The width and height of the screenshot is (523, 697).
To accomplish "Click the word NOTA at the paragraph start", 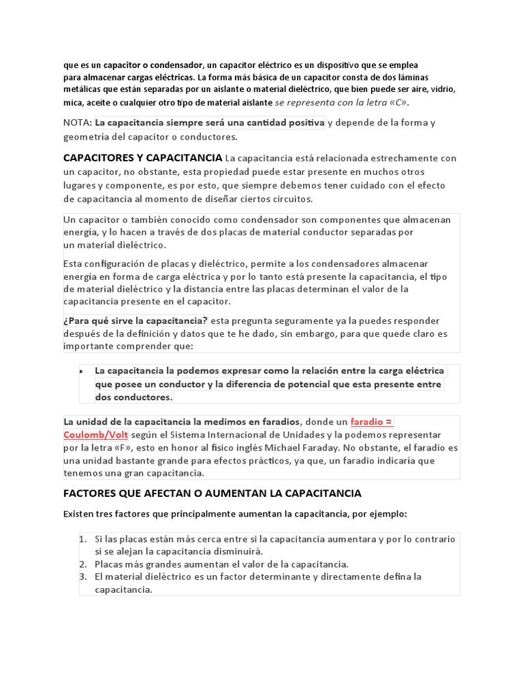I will [x=76, y=123].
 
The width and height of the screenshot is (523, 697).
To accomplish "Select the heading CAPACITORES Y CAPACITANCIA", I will [x=142, y=158].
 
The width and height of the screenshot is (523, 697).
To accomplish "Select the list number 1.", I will [x=82, y=538].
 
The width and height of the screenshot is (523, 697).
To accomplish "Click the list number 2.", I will [x=82, y=564].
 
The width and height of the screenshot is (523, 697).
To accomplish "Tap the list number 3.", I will [x=82, y=577].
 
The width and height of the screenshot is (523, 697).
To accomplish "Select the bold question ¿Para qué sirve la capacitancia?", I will [x=136, y=321].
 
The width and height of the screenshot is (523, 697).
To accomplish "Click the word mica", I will [x=74, y=103].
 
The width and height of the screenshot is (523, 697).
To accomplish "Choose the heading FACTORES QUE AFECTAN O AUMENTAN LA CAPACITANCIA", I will [x=212, y=492].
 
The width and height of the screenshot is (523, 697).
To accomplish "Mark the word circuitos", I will [x=289, y=199].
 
